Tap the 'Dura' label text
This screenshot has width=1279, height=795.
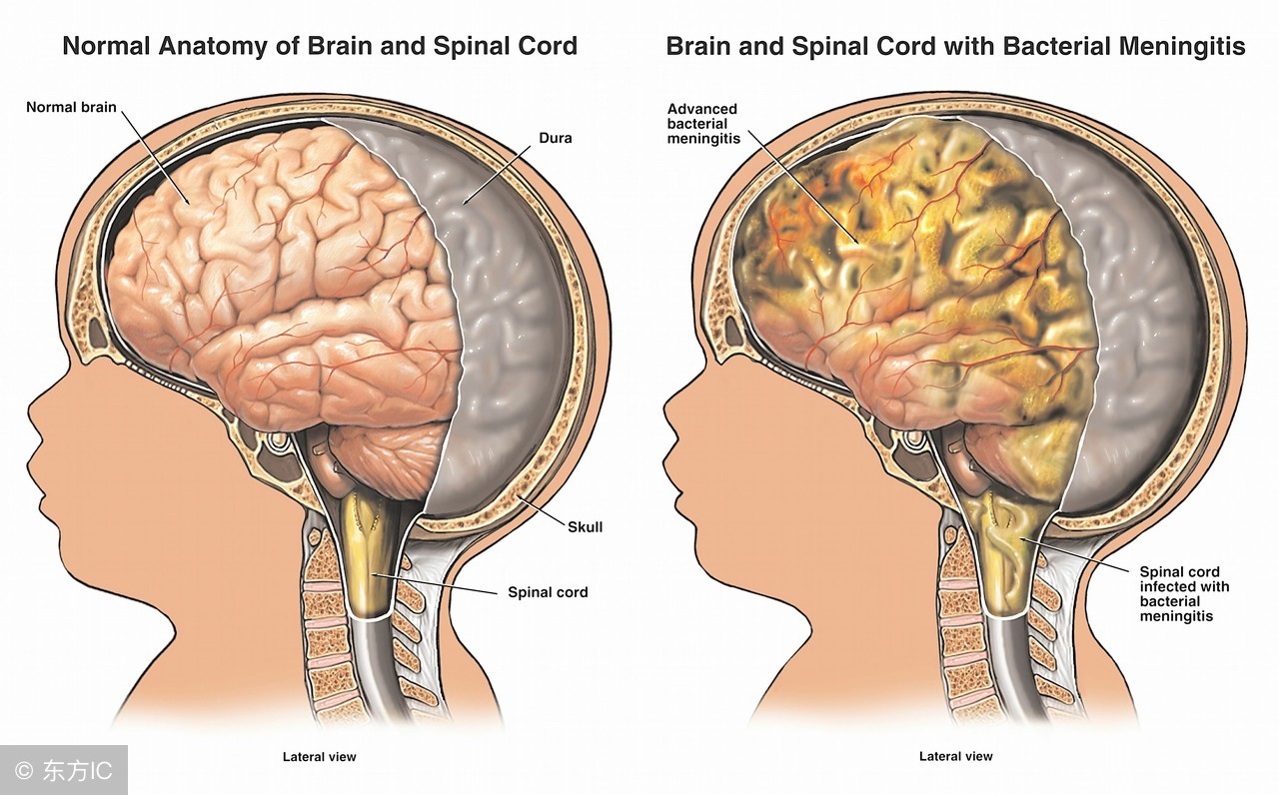click(x=556, y=138)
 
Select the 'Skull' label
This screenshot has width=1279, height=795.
click(x=586, y=526)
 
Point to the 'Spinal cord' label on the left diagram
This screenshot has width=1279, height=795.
click(x=548, y=592)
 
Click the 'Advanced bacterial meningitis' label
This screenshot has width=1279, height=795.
click(x=703, y=124)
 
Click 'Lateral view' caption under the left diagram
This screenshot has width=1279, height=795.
click(x=319, y=756)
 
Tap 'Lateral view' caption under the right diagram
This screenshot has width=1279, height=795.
click(x=955, y=756)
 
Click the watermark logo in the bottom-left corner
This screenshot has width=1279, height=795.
click(x=24, y=771)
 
